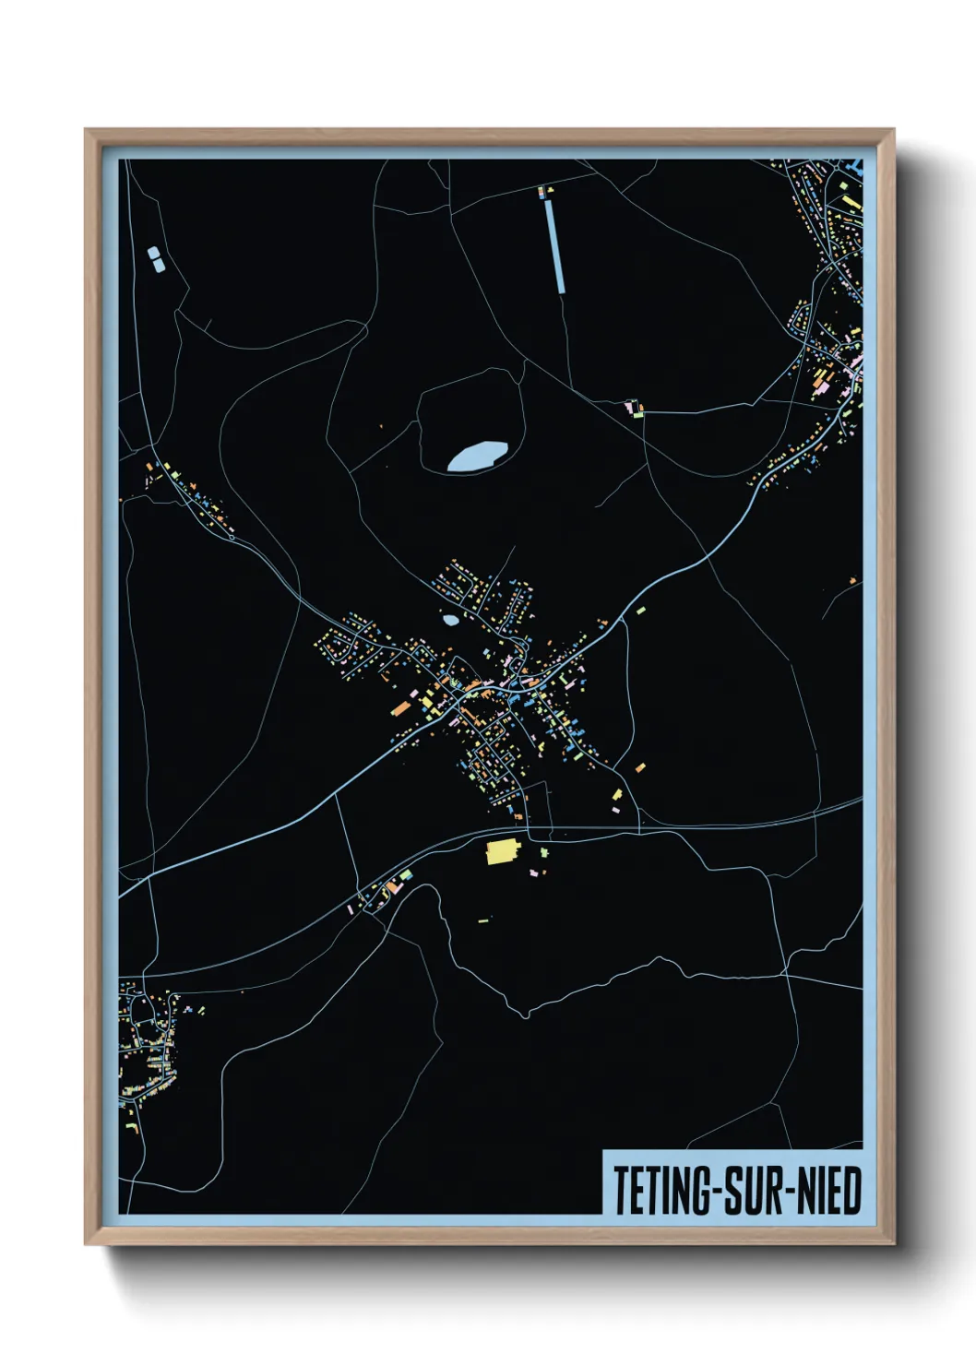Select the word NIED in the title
click(x=828, y=1191)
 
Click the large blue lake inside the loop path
click(x=477, y=456)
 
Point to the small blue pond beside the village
click(x=450, y=620)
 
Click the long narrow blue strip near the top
click(x=555, y=245)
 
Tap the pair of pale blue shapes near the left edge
click(x=156, y=258)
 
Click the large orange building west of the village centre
click(x=401, y=707)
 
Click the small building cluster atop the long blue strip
click(x=545, y=192)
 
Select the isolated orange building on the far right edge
click(x=853, y=580)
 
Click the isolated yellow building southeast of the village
click(x=617, y=794)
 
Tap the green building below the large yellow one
click(x=543, y=852)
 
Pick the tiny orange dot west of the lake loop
click(x=381, y=426)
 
